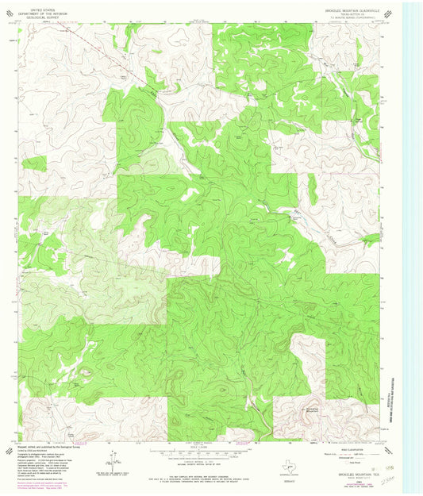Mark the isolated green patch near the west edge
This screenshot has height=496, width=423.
[x=33, y=163]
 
